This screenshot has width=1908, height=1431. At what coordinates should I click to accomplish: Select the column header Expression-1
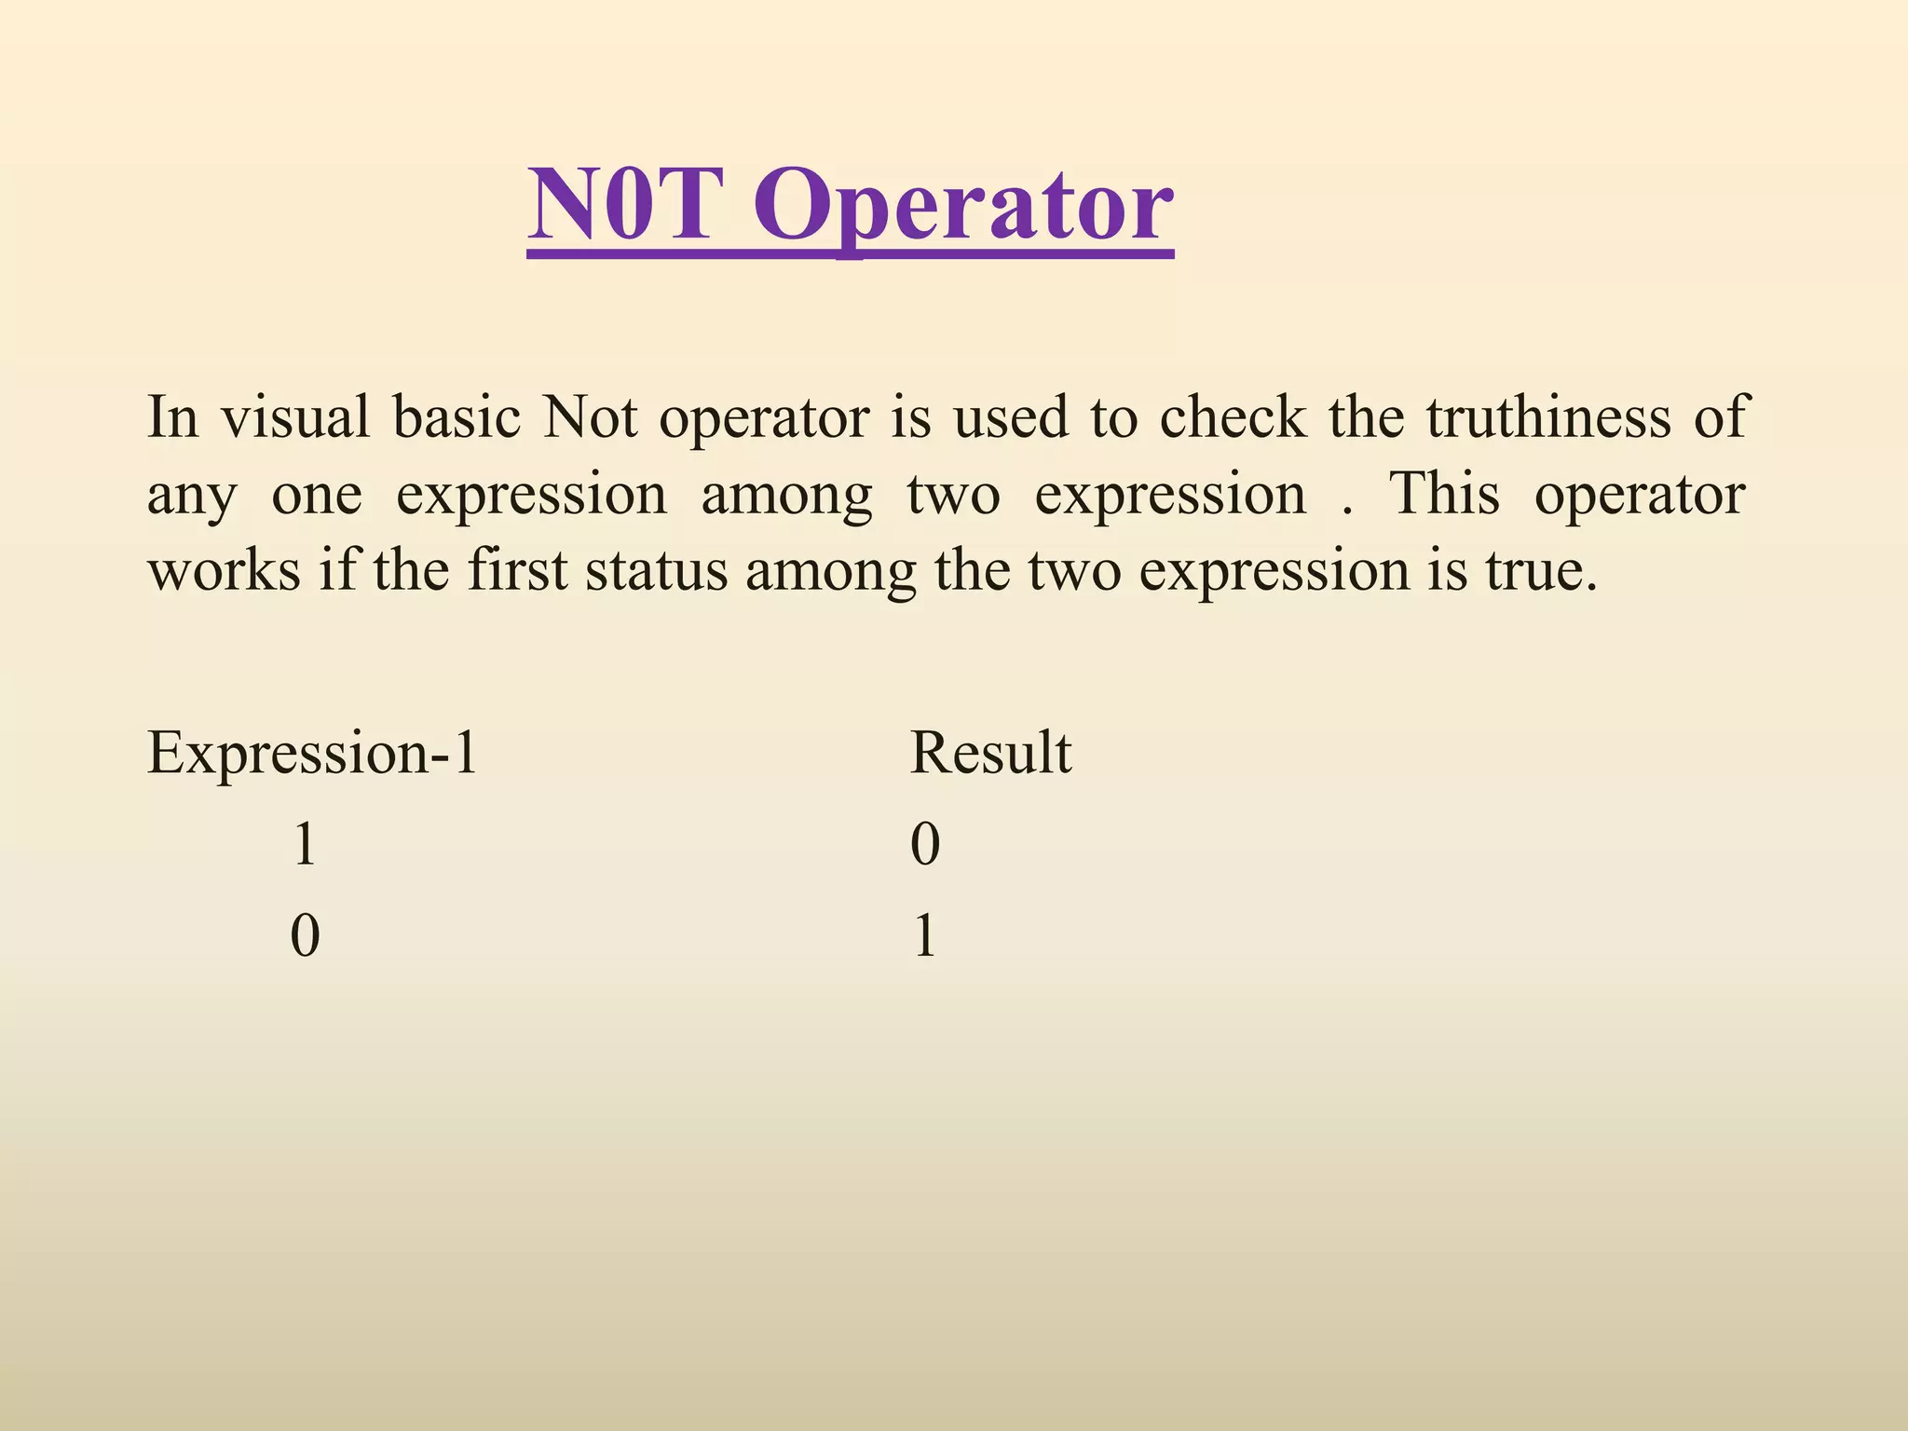[x=312, y=752]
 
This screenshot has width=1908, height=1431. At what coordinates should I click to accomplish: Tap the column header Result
[x=989, y=752]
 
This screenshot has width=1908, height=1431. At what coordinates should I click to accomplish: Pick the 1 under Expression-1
[x=304, y=845]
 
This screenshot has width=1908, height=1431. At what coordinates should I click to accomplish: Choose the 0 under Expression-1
[x=305, y=935]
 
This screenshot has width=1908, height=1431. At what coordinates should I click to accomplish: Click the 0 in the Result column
[x=924, y=845]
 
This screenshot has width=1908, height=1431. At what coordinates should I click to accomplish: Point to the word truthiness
[x=1547, y=416]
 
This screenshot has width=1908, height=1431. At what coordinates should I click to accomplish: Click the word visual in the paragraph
[x=295, y=416]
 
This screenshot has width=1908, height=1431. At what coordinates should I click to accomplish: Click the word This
[x=1444, y=493]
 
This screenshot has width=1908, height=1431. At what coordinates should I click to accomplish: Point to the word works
[x=225, y=569]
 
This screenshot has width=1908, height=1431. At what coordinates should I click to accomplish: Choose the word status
[x=656, y=569]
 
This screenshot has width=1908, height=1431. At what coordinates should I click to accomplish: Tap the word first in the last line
[x=517, y=569]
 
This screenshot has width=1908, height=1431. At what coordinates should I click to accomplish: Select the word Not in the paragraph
[x=590, y=416]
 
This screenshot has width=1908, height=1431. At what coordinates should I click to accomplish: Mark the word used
[x=1010, y=416]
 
